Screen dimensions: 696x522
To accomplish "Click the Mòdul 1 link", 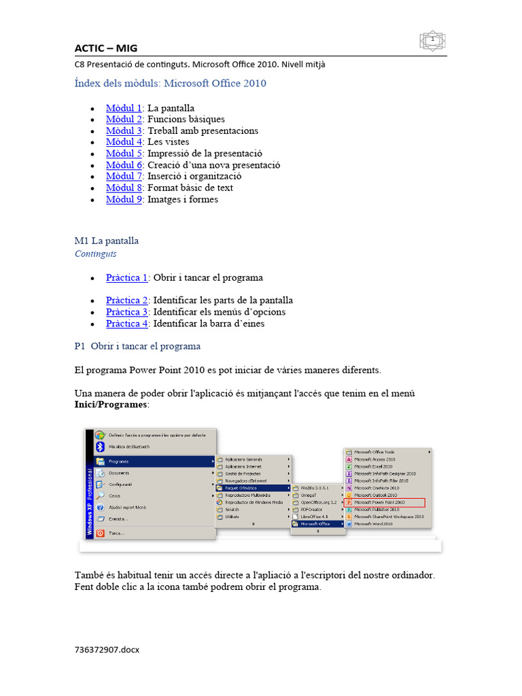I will tap(123, 108).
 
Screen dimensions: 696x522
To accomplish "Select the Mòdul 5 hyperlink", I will tap(123, 154).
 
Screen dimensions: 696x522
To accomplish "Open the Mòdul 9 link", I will tap(123, 199).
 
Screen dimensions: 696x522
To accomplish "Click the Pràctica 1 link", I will tap(126, 277).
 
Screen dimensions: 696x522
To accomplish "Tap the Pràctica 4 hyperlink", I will tap(126, 324).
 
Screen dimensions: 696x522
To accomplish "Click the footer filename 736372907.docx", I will tap(107, 650).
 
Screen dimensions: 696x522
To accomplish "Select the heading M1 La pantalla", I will tap(106, 241).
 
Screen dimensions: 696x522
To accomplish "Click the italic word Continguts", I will tap(95, 254).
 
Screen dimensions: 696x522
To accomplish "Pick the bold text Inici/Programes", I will tap(110, 404).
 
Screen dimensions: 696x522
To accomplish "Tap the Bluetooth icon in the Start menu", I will tap(100, 447).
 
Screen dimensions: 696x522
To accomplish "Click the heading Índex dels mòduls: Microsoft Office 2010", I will tap(170, 84).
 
